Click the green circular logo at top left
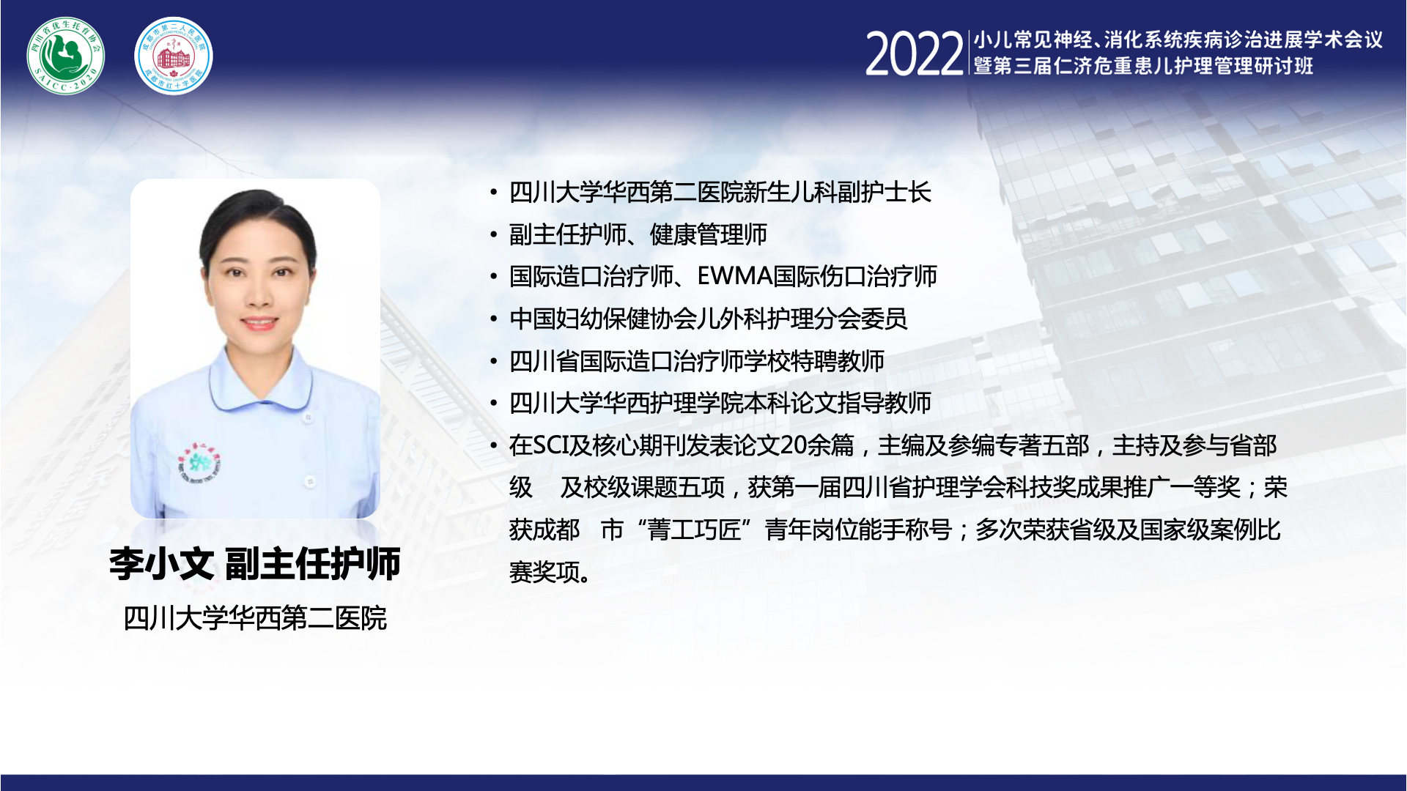pos(66,56)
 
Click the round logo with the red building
pos(174,56)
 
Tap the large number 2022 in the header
pos(914,54)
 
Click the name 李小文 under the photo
pos(161,564)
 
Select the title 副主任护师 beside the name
pos(313,564)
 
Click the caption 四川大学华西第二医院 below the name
pos(255,618)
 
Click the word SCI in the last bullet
pos(550,445)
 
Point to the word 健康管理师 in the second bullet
pos(709,234)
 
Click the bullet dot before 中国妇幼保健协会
pos(494,319)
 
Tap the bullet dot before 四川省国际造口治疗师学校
pos(494,361)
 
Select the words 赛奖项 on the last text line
pos(544,572)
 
